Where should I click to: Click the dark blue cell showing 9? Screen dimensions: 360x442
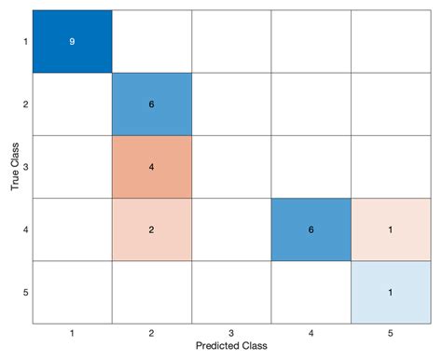click(72, 41)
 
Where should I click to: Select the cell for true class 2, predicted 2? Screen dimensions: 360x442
click(151, 104)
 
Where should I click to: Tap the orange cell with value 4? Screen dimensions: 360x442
click(151, 167)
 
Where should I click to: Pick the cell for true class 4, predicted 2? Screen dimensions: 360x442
click(151, 229)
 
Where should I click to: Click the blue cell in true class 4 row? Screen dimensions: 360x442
click(311, 229)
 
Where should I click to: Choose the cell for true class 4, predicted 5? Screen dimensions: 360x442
click(390, 229)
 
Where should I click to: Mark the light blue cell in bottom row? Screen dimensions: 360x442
click(390, 292)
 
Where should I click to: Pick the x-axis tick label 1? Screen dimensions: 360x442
click(72, 331)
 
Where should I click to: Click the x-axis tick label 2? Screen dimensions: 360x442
click(151, 331)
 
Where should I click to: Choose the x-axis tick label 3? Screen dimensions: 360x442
click(231, 331)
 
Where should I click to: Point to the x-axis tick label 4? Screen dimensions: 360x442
click(311, 331)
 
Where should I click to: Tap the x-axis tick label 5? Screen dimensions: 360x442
click(390, 331)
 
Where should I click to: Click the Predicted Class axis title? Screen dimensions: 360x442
click(231, 346)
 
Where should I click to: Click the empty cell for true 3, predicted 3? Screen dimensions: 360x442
click(231, 167)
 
